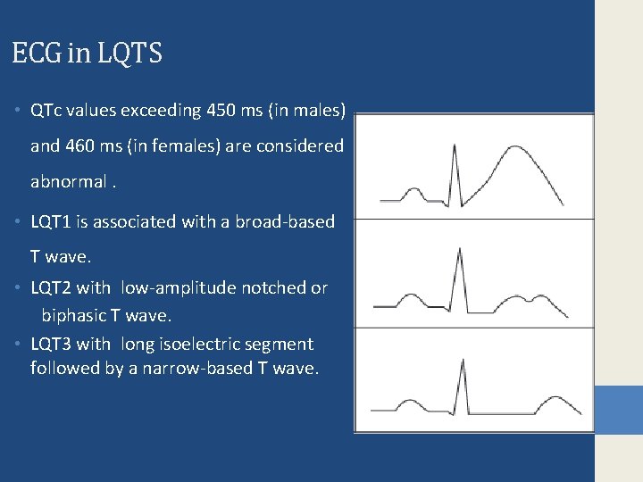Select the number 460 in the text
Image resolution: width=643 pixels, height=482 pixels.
pos(86,145)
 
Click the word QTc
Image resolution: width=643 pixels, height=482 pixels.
pos(46,112)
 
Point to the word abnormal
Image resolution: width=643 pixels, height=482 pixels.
pos(68,181)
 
